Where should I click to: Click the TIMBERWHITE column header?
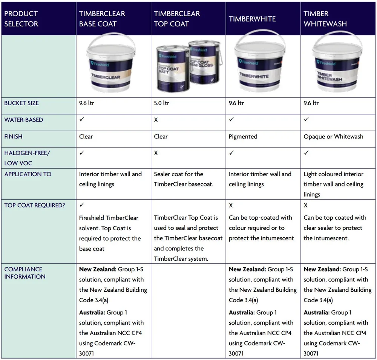click(x=252, y=19)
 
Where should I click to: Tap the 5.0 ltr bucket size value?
click(x=162, y=103)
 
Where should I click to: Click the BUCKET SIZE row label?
click(x=21, y=103)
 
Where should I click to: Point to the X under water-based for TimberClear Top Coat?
click(x=156, y=120)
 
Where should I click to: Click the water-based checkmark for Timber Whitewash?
click(x=306, y=119)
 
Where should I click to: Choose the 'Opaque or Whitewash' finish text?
click(x=333, y=137)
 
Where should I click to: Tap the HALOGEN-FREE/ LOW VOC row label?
click(x=27, y=158)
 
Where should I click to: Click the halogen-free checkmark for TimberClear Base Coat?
click(x=82, y=152)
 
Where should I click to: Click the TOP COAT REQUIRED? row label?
click(x=35, y=205)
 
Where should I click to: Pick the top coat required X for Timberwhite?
click(x=231, y=205)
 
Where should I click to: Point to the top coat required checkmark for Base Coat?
click(x=82, y=205)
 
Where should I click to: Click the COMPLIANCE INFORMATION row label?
click(x=25, y=273)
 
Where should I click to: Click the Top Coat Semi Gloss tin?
click(x=205, y=62)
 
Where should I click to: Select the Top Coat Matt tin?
click(x=173, y=69)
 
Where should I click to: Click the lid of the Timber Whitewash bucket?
click(x=337, y=50)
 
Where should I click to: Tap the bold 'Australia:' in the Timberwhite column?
click(x=242, y=312)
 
